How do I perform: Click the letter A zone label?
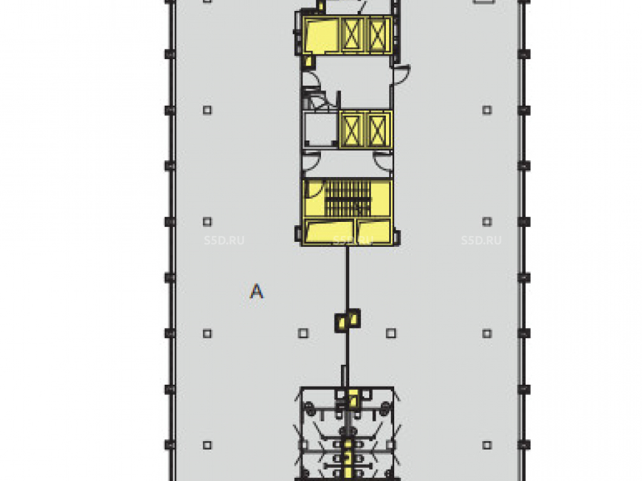256,291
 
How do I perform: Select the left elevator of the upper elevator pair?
352,35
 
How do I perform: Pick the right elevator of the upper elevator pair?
377,35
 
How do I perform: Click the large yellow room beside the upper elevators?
320,35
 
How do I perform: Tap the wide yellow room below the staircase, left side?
329,232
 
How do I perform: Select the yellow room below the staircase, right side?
374,232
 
